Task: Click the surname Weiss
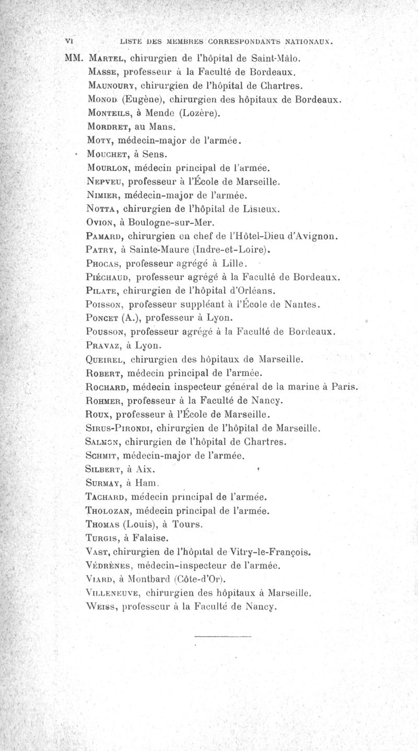[x=101, y=608]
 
